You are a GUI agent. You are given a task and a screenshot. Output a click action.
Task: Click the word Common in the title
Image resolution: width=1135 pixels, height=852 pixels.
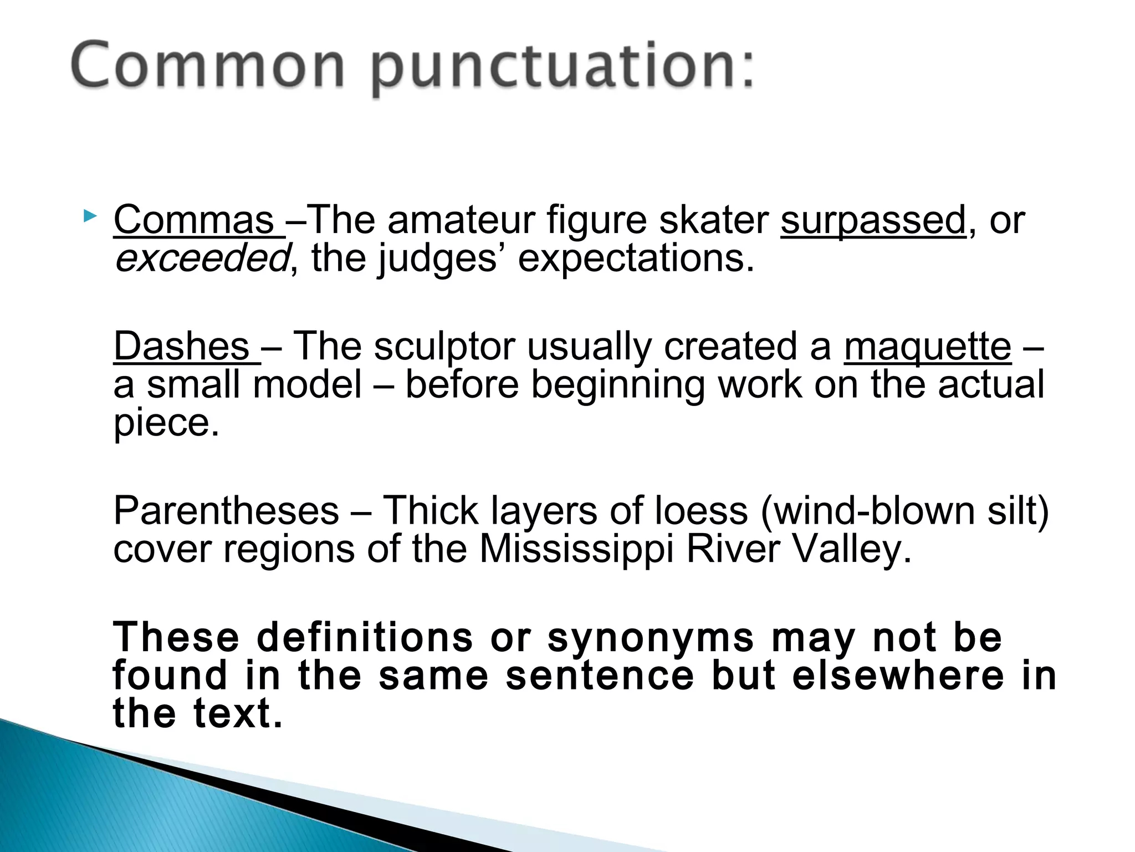coord(208,66)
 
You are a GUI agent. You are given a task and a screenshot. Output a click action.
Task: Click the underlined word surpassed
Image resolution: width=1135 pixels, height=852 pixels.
coord(873,220)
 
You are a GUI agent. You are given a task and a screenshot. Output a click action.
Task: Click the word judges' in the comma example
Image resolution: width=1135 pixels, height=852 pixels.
coord(437,259)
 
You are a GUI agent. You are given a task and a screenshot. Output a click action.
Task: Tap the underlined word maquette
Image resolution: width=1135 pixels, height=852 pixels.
coord(927,346)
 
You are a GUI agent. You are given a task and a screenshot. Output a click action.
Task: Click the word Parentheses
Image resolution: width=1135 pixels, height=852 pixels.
coord(226,511)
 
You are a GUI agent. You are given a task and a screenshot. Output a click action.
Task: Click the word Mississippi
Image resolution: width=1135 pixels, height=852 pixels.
coord(576,550)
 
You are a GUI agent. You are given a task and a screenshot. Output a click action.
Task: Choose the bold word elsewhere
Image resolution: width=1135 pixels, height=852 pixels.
coord(898,676)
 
